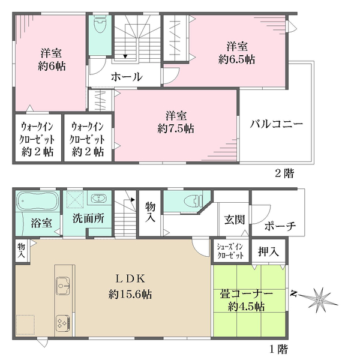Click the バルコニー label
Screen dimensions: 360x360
pyautogui.click(x=277, y=125)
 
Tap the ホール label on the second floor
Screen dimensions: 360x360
pyautogui.click(x=126, y=77)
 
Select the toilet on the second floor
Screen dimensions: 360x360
pyautogui.click(x=100, y=26)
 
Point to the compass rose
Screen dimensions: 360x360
pyautogui.click(x=318, y=296)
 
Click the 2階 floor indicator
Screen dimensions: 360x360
pyautogui.click(x=284, y=175)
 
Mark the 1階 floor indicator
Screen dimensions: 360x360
pyautogui.click(x=279, y=348)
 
